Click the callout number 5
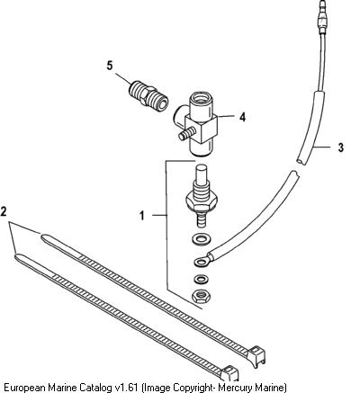(110, 66)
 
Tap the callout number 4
(242, 117)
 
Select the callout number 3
(340, 147)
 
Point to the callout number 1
(142, 216)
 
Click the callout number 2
(4, 211)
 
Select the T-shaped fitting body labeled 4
(196, 123)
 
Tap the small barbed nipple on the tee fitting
(186, 134)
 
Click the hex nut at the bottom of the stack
(201, 296)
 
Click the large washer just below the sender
(201, 239)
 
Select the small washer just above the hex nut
(200, 280)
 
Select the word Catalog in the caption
(95, 387)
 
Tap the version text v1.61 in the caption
(126, 387)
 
